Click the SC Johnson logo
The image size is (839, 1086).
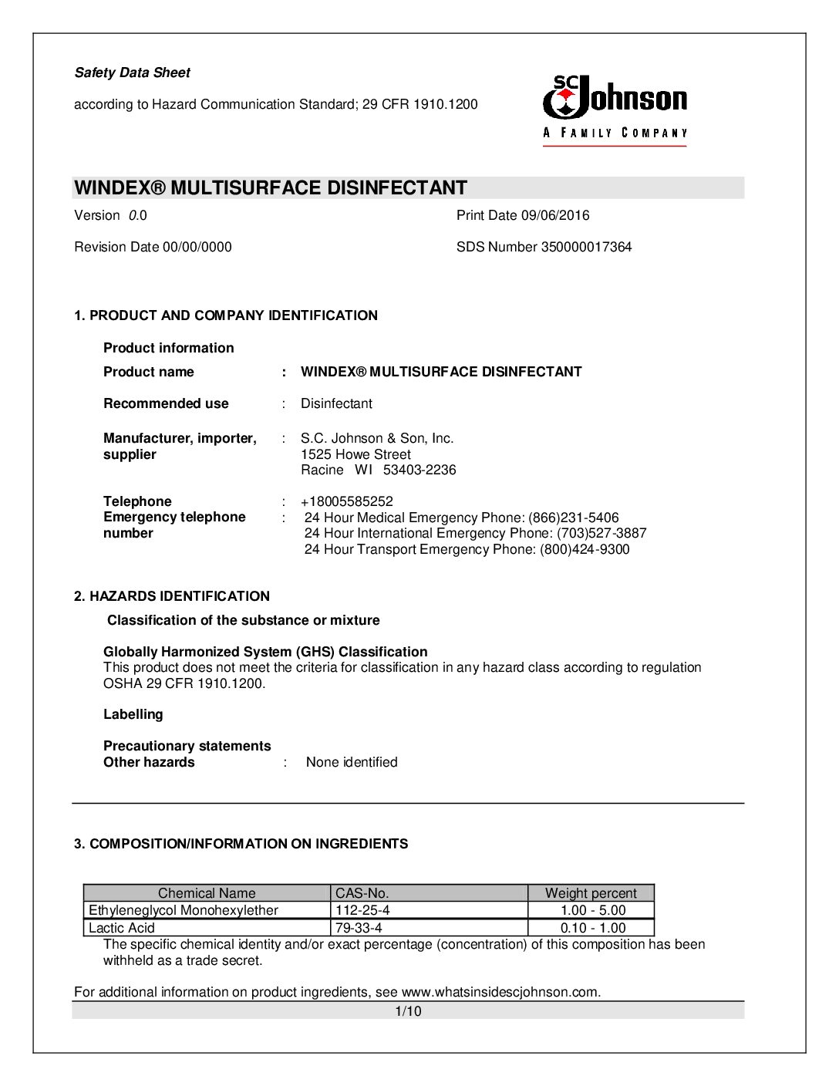pos(615,109)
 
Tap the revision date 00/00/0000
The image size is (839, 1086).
pos(197,247)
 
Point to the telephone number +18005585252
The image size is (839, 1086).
pos(346,501)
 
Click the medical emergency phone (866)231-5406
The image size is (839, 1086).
pos(573,518)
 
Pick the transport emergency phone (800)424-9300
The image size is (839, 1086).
pos(585,549)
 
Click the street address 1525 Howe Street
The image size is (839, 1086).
pos(355,454)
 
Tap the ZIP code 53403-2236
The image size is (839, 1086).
pos(419,470)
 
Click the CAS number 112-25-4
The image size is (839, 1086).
pos(362,910)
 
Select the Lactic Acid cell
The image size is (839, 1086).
pos(122,928)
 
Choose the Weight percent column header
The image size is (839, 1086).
pos(591,893)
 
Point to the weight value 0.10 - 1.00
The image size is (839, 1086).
pos(592,928)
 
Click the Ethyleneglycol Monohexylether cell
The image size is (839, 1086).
pos(184,910)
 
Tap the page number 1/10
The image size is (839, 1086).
pos(408,1011)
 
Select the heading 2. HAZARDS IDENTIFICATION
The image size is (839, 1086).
pos(172,596)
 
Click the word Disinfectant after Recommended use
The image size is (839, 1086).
pos(336,403)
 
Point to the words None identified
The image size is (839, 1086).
pos(352,762)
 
